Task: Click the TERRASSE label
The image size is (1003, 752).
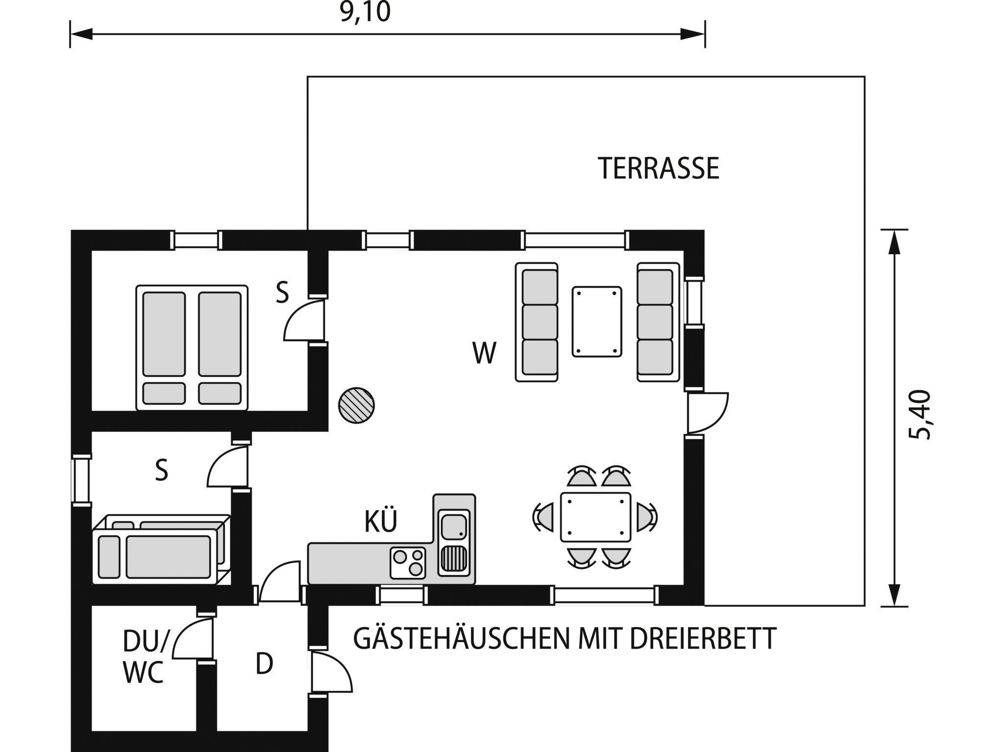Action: coord(658,168)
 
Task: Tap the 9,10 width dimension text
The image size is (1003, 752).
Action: coord(366,12)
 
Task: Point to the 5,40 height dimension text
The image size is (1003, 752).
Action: coord(919,415)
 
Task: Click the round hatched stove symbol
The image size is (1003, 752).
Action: coord(357,405)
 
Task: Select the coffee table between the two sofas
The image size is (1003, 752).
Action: coord(597,322)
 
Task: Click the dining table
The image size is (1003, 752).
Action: coord(596,517)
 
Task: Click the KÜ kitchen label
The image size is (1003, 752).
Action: coord(381,521)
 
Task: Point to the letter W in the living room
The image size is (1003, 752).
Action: coord(484,352)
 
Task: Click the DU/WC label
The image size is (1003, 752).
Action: coord(145,657)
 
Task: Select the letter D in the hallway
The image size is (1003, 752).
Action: coord(264,664)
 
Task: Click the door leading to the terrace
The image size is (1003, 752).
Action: coord(708,413)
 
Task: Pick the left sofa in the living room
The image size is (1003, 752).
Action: coord(537,322)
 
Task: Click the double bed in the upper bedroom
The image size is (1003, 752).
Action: coord(192,348)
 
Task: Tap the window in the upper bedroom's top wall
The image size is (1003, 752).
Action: coord(196,240)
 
